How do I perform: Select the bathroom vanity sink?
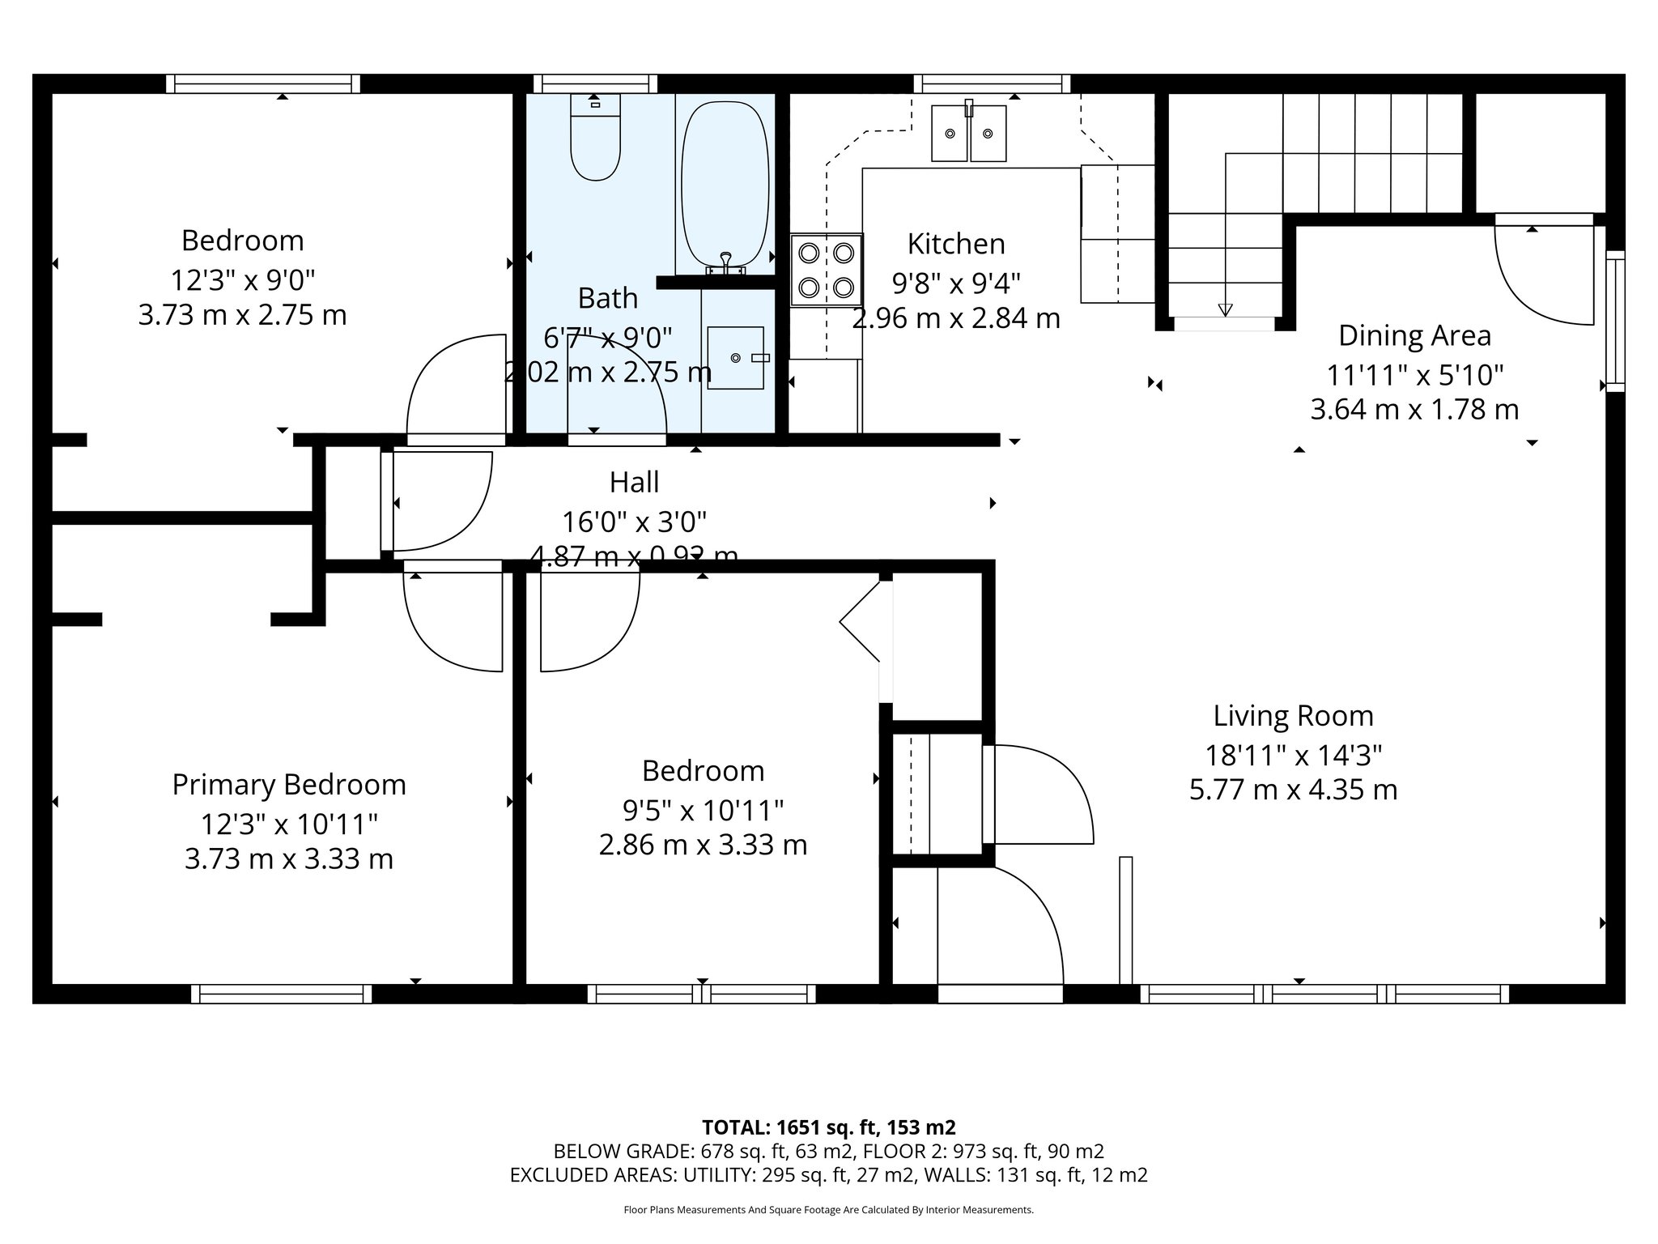735,357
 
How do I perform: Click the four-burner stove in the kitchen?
827,270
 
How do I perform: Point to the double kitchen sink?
968,133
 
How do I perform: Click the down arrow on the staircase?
1225,309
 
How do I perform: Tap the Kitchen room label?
955,244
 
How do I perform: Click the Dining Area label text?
1414,335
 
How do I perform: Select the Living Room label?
1293,716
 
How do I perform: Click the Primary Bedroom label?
289,785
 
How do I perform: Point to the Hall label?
634,483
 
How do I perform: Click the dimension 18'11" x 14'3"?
1293,756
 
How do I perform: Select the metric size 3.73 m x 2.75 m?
242,315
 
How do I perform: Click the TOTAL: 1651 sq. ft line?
828,1127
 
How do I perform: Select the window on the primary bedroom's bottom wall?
282,994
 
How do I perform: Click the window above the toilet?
595,83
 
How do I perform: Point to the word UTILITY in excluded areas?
716,1175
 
